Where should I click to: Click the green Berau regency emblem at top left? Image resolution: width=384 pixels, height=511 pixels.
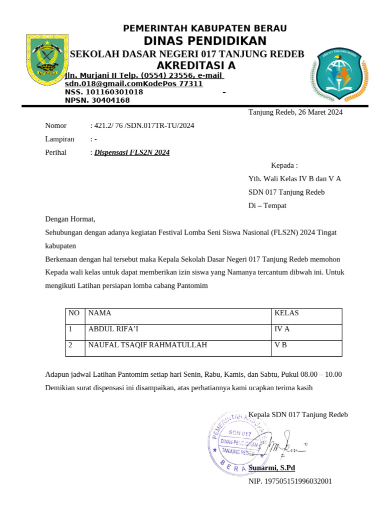click(x=47, y=59)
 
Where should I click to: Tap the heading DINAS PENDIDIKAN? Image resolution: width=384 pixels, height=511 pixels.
click(x=205, y=41)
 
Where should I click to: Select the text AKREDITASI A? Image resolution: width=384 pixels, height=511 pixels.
click(x=195, y=66)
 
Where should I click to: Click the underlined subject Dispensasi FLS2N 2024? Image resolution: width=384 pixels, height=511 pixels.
click(x=132, y=153)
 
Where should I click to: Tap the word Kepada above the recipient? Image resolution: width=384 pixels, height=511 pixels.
click(x=283, y=166)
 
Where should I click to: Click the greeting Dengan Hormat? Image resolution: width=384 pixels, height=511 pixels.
click(x=70, y=219)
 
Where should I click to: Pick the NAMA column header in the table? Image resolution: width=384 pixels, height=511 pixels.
click(x=99, y=313)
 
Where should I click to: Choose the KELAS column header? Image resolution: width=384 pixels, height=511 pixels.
click(x=286, y=313)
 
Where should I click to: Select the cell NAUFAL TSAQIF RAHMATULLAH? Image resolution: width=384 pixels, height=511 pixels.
click(x=147, y=345)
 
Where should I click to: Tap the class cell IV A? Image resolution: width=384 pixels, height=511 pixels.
click(x=282, y=329)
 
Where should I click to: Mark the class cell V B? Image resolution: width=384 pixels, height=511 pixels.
click(x=280, y=345)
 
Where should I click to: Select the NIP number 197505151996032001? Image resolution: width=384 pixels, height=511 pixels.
click(x=290, y=482)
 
